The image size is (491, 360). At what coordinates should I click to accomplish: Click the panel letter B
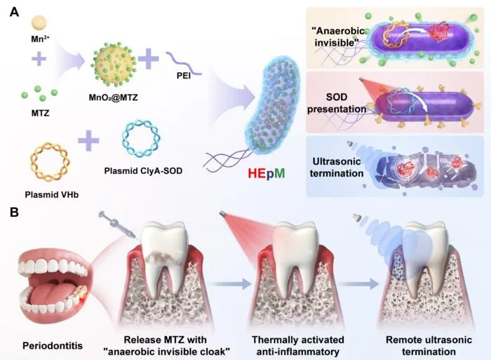pos(15,213)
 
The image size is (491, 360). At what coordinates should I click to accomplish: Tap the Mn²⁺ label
pos(40,39)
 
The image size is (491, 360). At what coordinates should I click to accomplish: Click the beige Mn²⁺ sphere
pos(39,23)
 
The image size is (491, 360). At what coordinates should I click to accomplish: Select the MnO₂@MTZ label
pos(113,98)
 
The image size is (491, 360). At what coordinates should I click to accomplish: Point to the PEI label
pos(184,76)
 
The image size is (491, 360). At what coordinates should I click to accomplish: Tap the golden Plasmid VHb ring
pos(50,162)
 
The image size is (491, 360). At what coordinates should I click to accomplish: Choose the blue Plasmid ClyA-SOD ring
pos(141,138)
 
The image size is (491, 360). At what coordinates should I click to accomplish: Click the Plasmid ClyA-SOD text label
pos(143,171)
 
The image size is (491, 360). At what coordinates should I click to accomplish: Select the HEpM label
pos(267,173)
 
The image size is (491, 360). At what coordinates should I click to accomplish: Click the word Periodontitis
pos(53,346)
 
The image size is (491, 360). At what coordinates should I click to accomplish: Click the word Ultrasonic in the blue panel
pos(337,161)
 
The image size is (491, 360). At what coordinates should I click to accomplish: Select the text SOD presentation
pos(337,103)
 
